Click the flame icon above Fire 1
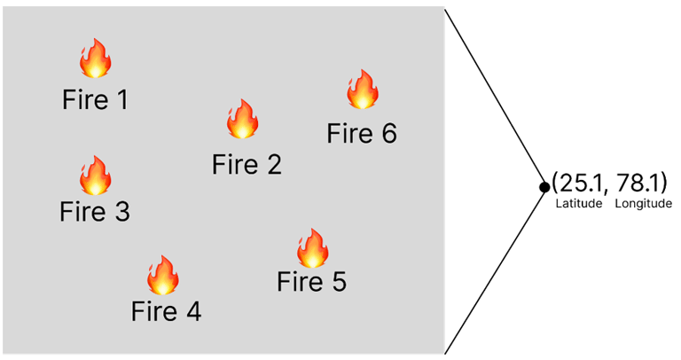[x=95, y=59]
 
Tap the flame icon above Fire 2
[x=241, y=119]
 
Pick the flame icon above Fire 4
[x=162, y=275]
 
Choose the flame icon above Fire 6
[x=362, y=90]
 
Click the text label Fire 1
[x=95, y=99]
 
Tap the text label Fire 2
[x=247, y=164]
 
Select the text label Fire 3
[x=95, y=213]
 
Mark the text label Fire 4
[x=166, y=312]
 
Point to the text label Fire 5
[x=311, y=283]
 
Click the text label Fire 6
[x=361, y=134]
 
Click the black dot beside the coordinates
[x=544, y=186]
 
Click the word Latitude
[x=577, y=204]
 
